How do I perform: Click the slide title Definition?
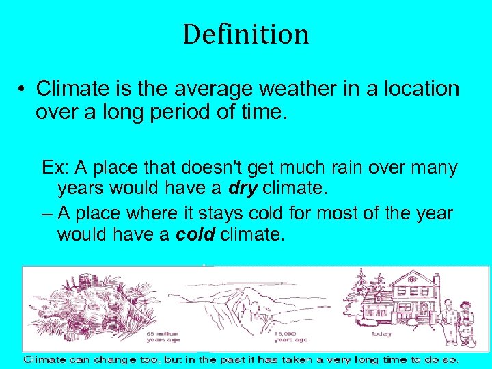245,34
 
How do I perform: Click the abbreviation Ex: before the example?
55,167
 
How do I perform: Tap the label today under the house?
381,334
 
